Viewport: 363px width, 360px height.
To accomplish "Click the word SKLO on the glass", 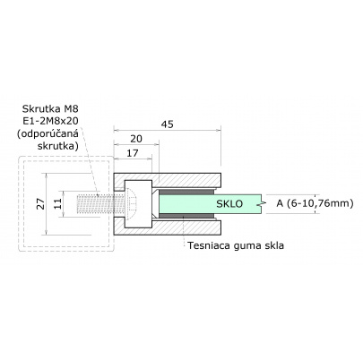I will (229, 204).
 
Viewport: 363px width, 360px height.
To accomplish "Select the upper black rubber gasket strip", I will (183, 190).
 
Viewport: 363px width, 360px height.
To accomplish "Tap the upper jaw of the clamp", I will (188, 178).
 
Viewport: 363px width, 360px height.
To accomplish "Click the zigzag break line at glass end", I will (261, 203).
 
